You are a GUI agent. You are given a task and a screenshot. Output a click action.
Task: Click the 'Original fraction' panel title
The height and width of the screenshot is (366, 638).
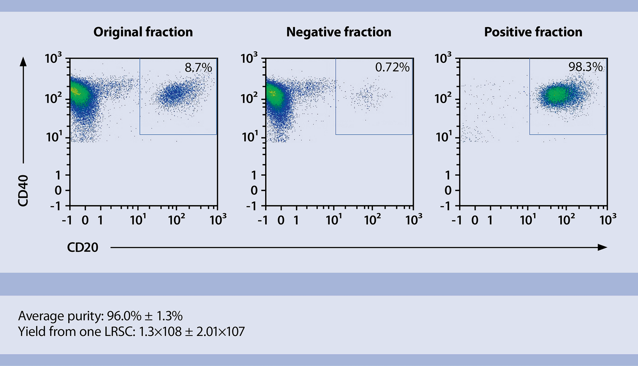coord(143,32)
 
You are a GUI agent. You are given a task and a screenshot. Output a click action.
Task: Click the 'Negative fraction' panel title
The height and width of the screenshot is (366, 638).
coord(339,32)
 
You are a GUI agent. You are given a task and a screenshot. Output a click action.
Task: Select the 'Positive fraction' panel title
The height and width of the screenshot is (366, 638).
coord(533,32)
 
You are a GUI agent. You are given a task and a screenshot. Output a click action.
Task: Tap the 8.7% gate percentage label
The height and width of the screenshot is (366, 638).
coord(198,68)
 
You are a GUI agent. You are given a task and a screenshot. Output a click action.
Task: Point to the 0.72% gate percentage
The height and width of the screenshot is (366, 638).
coord(392,67)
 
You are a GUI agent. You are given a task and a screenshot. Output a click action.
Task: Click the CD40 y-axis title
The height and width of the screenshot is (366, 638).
coord(23,191)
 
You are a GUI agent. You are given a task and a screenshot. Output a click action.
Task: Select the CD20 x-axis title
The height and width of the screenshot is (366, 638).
coord(82,247)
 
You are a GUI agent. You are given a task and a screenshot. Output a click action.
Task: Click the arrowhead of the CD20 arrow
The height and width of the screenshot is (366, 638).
coord(603,247)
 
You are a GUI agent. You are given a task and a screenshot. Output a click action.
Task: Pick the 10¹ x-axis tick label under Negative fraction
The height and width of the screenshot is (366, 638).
coord(334,220)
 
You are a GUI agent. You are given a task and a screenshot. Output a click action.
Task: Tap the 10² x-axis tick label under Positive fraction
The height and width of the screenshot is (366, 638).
coord(567,220)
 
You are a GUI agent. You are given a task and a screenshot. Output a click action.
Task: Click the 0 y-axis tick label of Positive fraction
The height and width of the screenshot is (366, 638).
coord(448,190)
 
